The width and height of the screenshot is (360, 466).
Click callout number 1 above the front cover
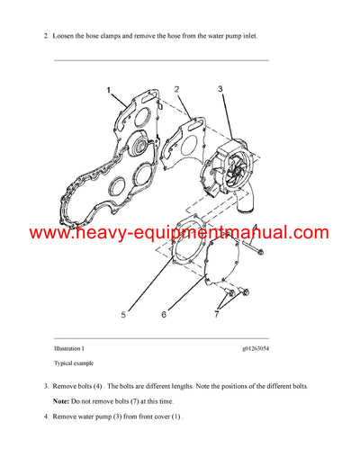click(109, 91)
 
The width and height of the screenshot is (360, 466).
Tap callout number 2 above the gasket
click(176, 89)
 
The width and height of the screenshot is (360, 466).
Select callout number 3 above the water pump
click(220, 89)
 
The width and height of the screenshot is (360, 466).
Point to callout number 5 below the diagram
click(123, 315)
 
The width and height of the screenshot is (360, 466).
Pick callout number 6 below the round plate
click(163, 315)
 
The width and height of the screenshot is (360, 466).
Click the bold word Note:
click(63, 400)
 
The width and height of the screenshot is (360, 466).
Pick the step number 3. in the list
click(47, 386)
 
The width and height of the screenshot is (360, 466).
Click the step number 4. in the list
click(47, 417)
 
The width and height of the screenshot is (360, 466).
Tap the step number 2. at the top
click(47, 37)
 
